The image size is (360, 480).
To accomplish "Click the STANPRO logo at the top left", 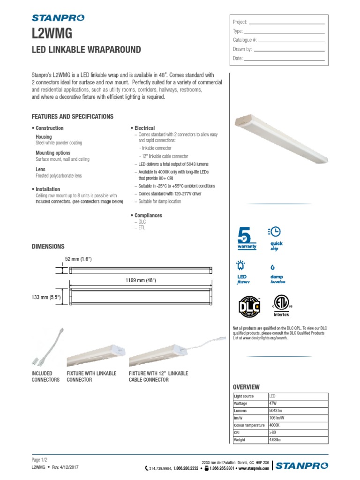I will point(58,18).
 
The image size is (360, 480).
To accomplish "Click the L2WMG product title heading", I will point(52,33).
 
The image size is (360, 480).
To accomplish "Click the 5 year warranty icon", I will point(245,239).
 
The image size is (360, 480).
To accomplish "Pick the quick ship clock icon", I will point(275,232).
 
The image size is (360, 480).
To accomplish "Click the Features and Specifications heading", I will point(72,116).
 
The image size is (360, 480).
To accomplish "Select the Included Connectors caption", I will point(45,376).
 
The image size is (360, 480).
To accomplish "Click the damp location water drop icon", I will point(273,267).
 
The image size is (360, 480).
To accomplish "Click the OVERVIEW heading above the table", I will point(246,387).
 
